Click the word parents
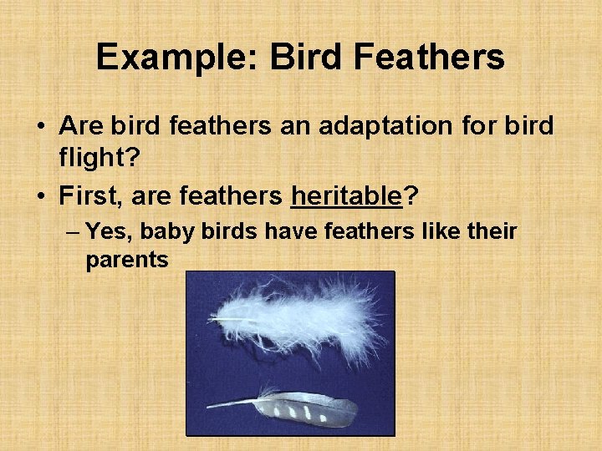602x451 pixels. pyautogui.click(x=127, y=260)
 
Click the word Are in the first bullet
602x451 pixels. pyautogui.click(x=81, y=126)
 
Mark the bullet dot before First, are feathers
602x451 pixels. pyautogui.click(x=40, y=197)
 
